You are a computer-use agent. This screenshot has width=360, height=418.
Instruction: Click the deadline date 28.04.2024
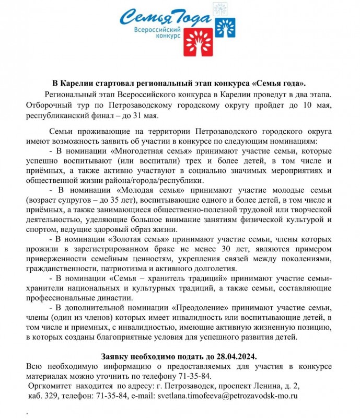[237, 356]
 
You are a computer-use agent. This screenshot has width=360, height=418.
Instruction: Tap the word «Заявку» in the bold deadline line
[118, 356]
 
